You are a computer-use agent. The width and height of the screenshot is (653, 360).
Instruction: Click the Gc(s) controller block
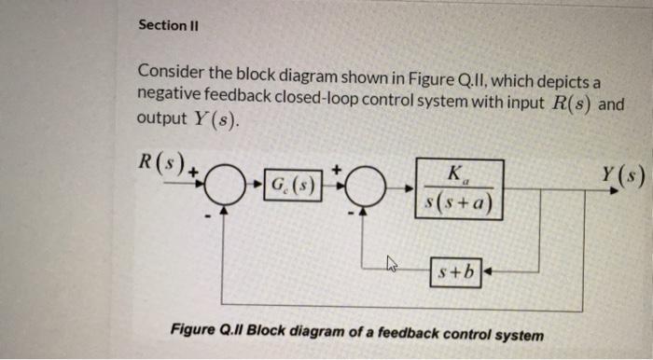290,184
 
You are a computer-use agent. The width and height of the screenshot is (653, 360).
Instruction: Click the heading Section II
167,25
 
